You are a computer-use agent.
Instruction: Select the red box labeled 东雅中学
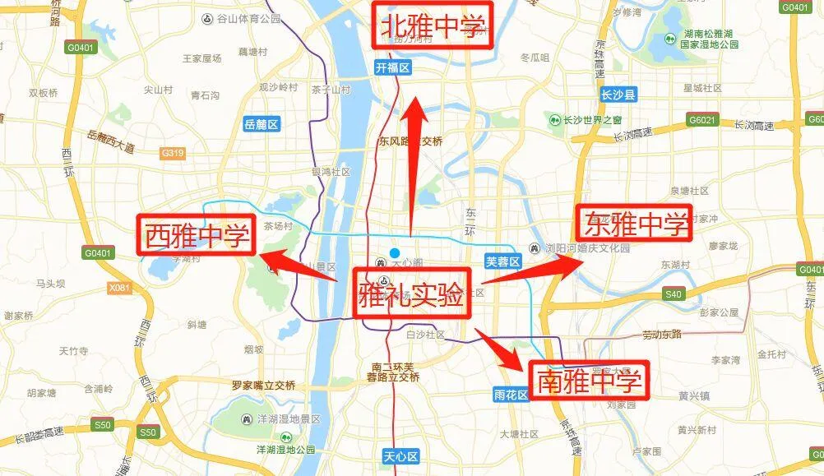634,223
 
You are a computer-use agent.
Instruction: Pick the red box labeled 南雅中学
588,380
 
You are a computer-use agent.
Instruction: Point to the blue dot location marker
395,252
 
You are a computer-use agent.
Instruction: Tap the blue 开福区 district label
392,68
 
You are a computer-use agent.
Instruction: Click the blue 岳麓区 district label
262,124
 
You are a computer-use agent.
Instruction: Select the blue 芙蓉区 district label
503,261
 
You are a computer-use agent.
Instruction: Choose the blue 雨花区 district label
511,395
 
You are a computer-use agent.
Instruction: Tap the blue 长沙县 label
619,95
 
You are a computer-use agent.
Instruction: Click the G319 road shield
173,153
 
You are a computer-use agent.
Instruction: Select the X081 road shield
119,288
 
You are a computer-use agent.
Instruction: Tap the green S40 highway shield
674,293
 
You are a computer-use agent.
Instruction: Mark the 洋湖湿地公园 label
285,450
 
